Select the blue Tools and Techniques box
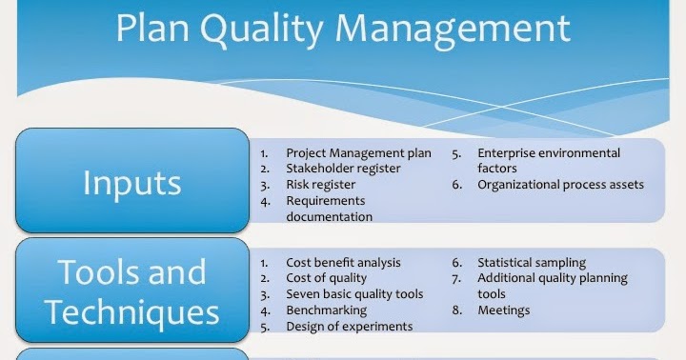pos(131,291)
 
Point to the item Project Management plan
pos(358,152)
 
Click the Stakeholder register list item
pos(343,169)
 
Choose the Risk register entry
pos(320,185)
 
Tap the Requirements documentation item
pos(329,209)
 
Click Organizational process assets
pos(560,185)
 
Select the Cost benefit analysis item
pos(343,263)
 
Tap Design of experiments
pos(349,327)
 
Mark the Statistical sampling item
pos(532,263)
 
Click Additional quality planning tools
pos(553,286)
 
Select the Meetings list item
pos(504,310)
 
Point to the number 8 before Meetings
pos(456,310)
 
